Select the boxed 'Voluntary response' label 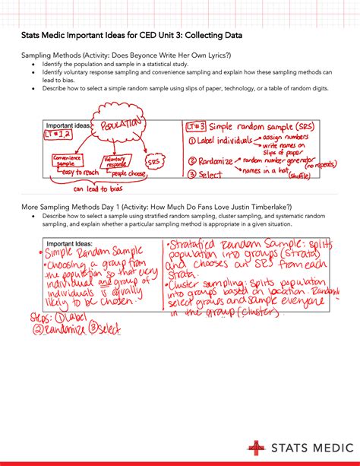click(x=116, y=161)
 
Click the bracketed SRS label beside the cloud click(x=153, y=161)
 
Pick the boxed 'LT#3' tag click(x=196, y=126)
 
